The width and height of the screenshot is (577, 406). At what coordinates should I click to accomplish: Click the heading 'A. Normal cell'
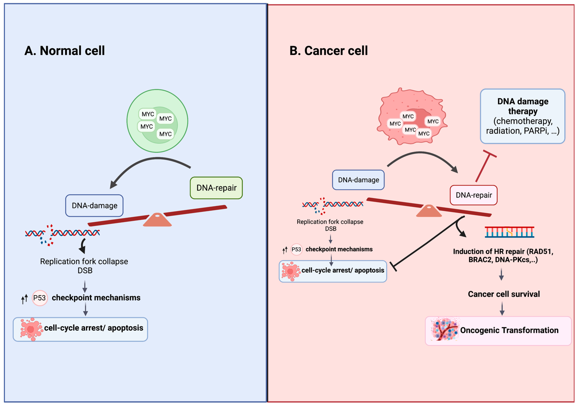click(64, 50)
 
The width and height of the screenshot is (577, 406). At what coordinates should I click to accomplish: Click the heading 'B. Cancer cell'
click(328, 50)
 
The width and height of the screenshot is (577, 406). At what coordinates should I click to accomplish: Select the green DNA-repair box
click(216, 188)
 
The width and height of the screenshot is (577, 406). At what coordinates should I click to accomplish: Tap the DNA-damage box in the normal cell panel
click(94, 206)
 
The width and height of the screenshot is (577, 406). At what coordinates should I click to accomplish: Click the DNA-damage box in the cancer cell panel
click(358, 180)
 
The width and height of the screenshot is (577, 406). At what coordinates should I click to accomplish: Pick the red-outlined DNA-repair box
click(473, 195)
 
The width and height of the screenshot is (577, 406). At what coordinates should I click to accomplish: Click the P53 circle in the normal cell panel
click(40, 298)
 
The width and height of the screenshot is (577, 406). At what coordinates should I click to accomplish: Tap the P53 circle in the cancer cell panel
click(296, 250)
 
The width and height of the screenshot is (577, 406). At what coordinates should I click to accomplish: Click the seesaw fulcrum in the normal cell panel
click(157, 220)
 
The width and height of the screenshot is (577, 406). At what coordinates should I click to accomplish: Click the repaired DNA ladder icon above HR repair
click(509, 232)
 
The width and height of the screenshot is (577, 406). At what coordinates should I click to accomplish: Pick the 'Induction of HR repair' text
click(503, 255)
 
